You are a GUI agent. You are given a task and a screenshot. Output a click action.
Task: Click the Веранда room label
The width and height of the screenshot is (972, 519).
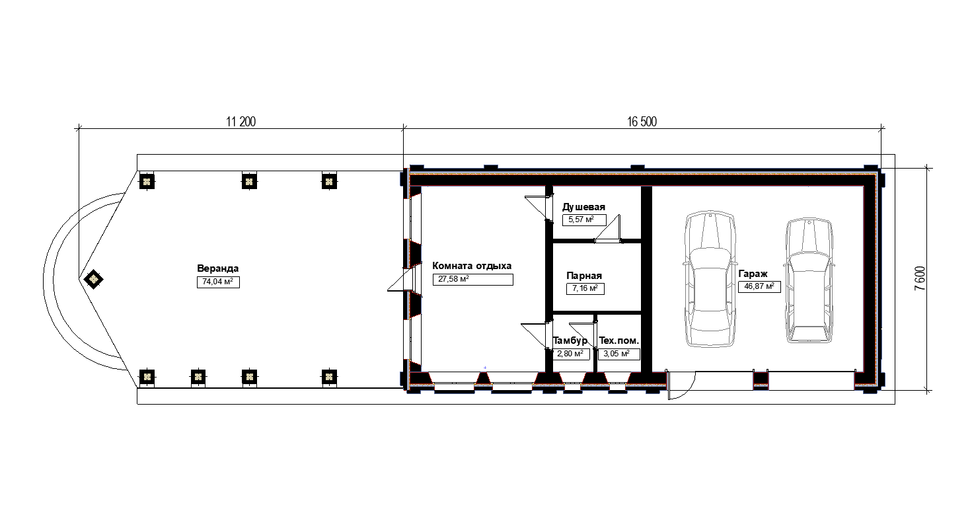point(218,268)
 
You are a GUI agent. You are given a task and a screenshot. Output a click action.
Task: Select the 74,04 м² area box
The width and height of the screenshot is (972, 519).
point(218,282)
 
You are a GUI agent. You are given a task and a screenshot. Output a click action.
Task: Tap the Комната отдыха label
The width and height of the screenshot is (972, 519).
point(472,266)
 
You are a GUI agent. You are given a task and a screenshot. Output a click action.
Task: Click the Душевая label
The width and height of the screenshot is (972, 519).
point(583,207)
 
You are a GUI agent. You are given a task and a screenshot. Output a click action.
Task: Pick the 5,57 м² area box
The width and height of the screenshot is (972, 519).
point(584,220)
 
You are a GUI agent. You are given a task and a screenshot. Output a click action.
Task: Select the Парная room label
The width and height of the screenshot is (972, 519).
point(584,276)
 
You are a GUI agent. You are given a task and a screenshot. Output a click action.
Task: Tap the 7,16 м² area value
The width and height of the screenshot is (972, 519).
point(585,288)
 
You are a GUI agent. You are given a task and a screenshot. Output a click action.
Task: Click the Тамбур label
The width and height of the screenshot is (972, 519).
point(570,340)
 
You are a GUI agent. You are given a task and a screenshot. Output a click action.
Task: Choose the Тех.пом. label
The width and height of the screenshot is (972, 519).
point(619,341)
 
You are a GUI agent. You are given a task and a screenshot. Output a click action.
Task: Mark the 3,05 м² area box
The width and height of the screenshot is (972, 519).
point(619,354)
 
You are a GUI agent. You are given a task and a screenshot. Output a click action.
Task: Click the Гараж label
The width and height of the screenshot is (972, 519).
point(753,274)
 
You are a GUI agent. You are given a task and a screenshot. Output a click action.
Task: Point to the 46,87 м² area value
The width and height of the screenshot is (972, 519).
point(759,287)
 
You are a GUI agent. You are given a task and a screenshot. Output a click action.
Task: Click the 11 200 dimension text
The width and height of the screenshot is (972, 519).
point(241,122)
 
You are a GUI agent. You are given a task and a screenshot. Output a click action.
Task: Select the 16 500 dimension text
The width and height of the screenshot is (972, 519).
point(642,122)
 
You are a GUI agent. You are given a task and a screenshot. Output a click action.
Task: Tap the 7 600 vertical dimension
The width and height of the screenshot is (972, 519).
point(920,278)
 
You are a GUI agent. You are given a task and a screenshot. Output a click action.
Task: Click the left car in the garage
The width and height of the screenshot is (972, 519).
point(710,279)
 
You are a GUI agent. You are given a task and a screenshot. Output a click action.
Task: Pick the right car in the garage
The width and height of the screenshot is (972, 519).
point(809,280)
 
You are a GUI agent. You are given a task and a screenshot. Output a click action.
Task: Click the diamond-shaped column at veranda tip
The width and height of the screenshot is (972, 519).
point(93,279)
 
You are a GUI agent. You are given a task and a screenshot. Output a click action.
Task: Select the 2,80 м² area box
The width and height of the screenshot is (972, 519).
point(570,354)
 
